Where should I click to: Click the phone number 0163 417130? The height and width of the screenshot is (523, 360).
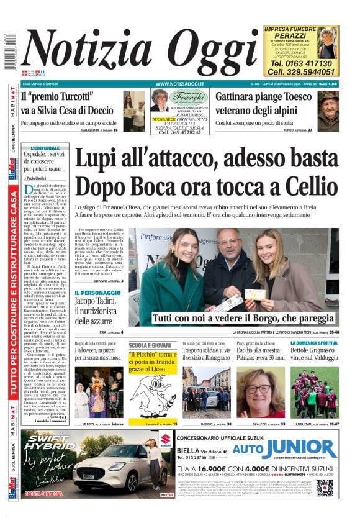[x=301, y=63]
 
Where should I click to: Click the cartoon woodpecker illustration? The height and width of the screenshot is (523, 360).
[x=151, y=394]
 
